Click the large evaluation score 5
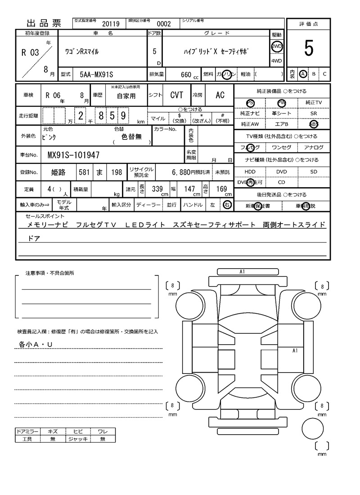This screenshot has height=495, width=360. pyautogui.click(x=309, y=49)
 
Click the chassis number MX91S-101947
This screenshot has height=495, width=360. pyautogui.click(x=73, y=156)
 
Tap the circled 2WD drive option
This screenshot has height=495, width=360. pyautogui.click(x=276, y=46)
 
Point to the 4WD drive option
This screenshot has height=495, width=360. pyautogui.click(x=276, y=61)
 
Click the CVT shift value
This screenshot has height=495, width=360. pyautogui.click(x=176, y=95)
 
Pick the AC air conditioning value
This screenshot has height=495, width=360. pyautogui.click(x=220, y=95)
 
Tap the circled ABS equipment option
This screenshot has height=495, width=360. pyautogui.click(x=314, y=124)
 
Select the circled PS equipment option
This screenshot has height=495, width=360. pyautogui.click(x=250, y=103)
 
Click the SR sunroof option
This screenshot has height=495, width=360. pyautogui.click(x=314, y=114)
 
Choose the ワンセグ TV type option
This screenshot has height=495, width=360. pyautogui.click(x=282, y=148)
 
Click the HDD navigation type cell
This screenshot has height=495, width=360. pyautogui.click(x=250, y=172)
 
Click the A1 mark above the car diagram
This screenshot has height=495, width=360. pyautogui.click(x=242, y=272)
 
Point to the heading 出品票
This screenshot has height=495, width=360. pyautogui.click(x=44, y=23)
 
